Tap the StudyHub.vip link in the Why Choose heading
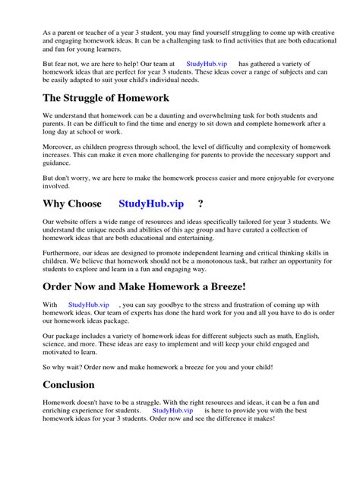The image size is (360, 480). coord(151,204)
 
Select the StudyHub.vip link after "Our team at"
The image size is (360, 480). coord(204,64)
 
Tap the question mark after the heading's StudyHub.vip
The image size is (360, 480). coord(201,204)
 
